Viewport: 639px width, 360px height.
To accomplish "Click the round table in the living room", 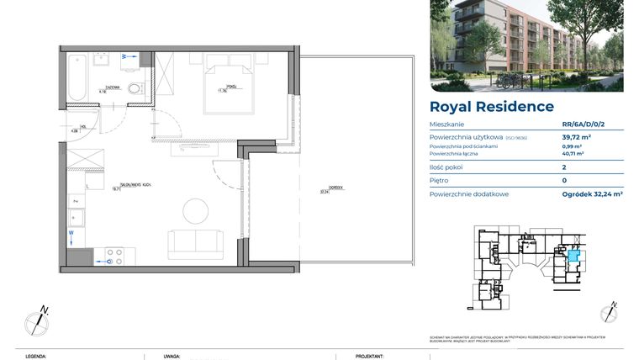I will pos(197,210).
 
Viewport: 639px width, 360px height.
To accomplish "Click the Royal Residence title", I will pos(491,107).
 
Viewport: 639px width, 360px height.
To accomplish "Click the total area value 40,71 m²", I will pos(573,154).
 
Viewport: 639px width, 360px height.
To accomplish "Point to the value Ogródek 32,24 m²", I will pos(592,193).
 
